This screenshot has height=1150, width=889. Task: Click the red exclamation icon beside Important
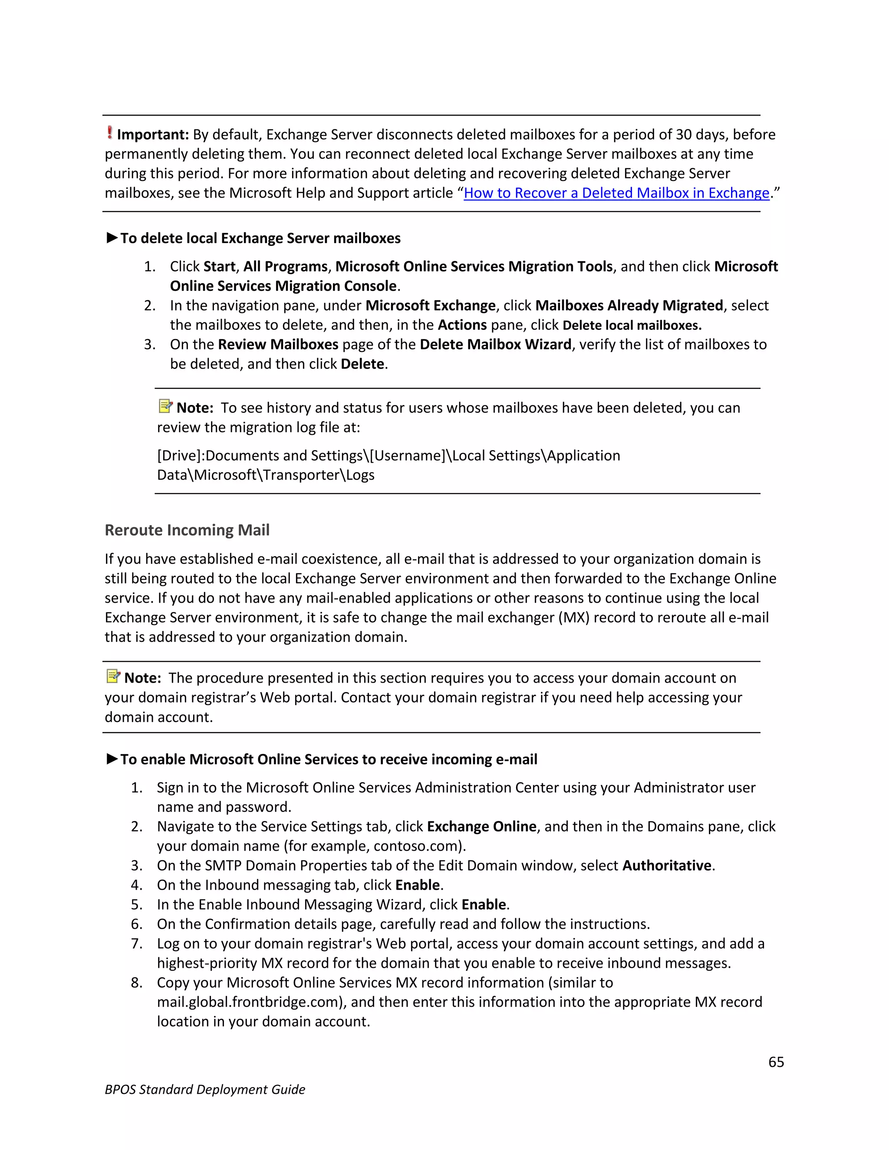[109, 132]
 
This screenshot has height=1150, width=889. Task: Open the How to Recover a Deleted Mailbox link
[616, 193]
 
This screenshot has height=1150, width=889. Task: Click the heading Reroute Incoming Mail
[187, 530]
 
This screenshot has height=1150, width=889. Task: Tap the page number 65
[776, 1062]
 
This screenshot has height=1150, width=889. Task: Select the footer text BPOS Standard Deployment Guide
[205, 1089]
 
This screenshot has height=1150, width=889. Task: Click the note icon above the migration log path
[165, 406]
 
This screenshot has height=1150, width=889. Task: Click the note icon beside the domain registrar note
[113, 676]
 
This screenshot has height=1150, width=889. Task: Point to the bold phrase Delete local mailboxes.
[632, 325]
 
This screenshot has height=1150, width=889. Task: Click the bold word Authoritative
[667, 866]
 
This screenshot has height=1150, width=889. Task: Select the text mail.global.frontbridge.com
[251, 1002]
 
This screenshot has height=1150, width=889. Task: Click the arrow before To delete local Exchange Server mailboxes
[112, 238]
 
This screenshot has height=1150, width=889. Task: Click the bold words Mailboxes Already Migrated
[629, 306]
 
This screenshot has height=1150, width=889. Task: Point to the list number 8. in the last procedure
[137, 982]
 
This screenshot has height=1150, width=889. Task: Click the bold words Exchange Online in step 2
[481, 827]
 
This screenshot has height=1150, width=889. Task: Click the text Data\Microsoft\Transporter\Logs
[265, 475]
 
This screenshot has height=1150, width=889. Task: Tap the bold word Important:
[153, 135]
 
